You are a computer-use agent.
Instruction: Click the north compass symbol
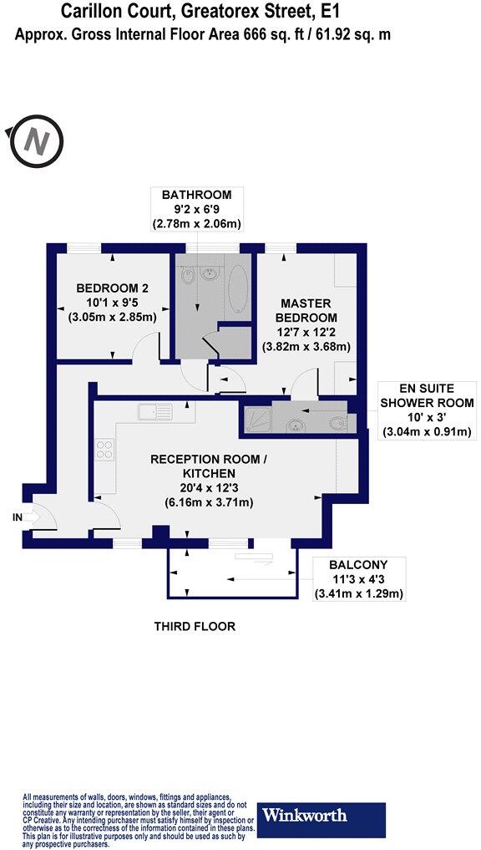tap(36, 141)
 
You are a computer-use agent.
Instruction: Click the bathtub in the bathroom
tap(237, 288)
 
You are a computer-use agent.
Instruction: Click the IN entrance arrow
tap(26, 518)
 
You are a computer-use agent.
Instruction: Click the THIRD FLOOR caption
tap(195, 626)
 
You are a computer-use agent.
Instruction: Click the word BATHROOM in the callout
tap(197, 195)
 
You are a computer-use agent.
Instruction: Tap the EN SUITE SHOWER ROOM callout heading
tap(427, 395)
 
